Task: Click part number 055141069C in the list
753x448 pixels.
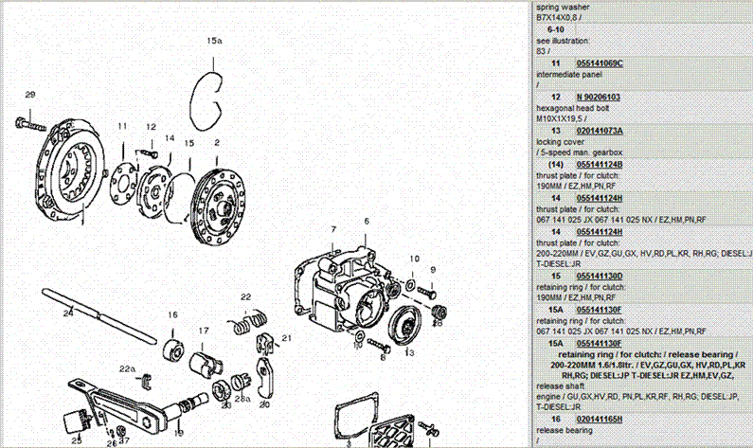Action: tap(600, 63)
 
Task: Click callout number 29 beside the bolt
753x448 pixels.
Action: tap(29, 94)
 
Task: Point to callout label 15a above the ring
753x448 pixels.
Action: tap(214, 42)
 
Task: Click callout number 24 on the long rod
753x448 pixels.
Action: tap(67, 312)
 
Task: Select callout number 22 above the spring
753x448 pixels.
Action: tap(244, 297)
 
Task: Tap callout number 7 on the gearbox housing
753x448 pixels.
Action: tap(333, 230)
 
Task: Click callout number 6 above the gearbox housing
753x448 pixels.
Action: tap(366, 221)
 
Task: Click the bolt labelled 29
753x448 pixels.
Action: tap(32, 123)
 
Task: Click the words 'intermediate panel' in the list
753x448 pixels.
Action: tap(571, 75)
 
